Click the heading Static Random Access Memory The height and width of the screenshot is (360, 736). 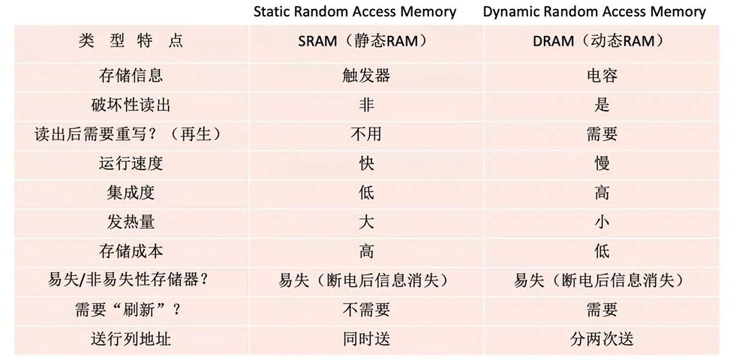(x=355, y=12)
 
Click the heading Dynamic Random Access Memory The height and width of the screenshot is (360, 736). (x=594, y=12)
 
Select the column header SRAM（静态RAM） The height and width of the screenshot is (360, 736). (x=366, y=40)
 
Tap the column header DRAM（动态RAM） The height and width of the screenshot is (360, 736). (x=602, y=40)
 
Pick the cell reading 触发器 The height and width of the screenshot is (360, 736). (x=366, y=76)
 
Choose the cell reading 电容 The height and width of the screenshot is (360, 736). (x=602, y=76)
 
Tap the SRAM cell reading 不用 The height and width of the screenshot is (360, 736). (x=366, y=134)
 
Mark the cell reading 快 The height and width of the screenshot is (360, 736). (x=366, y=163)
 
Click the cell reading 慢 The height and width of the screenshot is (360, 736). (x=602, y=163)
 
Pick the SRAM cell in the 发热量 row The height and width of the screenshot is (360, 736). (x=366, y=222)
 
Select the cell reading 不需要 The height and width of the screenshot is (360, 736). (x=366, y=310)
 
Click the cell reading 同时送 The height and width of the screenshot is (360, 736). (x=366, y=339)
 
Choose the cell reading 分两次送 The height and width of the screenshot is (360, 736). (x=602, y=339)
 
